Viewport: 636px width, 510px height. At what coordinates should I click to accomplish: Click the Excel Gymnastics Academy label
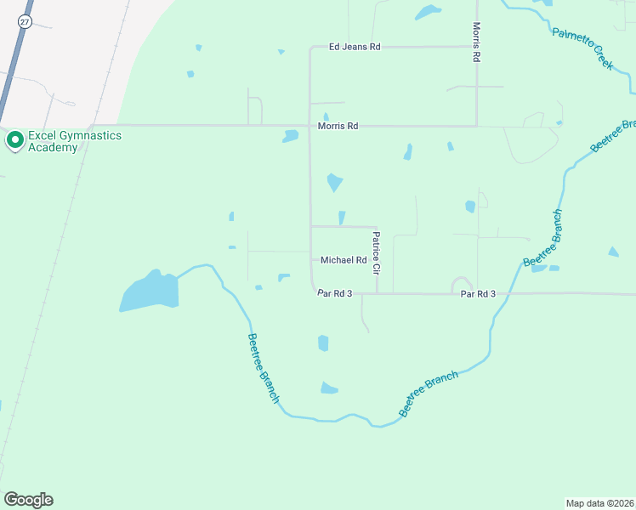click(74, 141)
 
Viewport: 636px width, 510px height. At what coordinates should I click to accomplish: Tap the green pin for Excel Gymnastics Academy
click(14, 140)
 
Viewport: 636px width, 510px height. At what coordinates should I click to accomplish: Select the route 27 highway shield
click(23, 23)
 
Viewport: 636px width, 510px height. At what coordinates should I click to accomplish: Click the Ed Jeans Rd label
click(355, 47)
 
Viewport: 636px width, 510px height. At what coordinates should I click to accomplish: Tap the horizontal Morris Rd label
click(338, 126)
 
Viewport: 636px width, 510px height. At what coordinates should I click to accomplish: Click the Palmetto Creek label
click(583, 48)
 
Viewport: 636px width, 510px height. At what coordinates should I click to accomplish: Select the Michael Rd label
click(344, 260)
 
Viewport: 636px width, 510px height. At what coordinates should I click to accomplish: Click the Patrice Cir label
click(375, 253)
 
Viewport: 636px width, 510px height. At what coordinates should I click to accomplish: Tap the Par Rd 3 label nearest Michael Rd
click(334, 293)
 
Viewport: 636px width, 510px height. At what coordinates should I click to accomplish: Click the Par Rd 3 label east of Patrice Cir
click(478, 294)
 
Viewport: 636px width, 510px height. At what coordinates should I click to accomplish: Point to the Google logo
click(28, 500)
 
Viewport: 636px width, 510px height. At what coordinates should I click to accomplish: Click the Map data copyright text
click(599, 501)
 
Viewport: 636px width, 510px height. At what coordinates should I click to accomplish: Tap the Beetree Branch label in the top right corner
click(612, 137)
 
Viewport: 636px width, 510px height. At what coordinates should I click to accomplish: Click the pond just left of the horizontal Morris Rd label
click(291, 135)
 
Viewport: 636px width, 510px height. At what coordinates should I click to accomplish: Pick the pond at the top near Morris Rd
click(427, 12)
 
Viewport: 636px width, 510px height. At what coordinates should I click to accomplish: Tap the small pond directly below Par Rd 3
click(323, 343)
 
